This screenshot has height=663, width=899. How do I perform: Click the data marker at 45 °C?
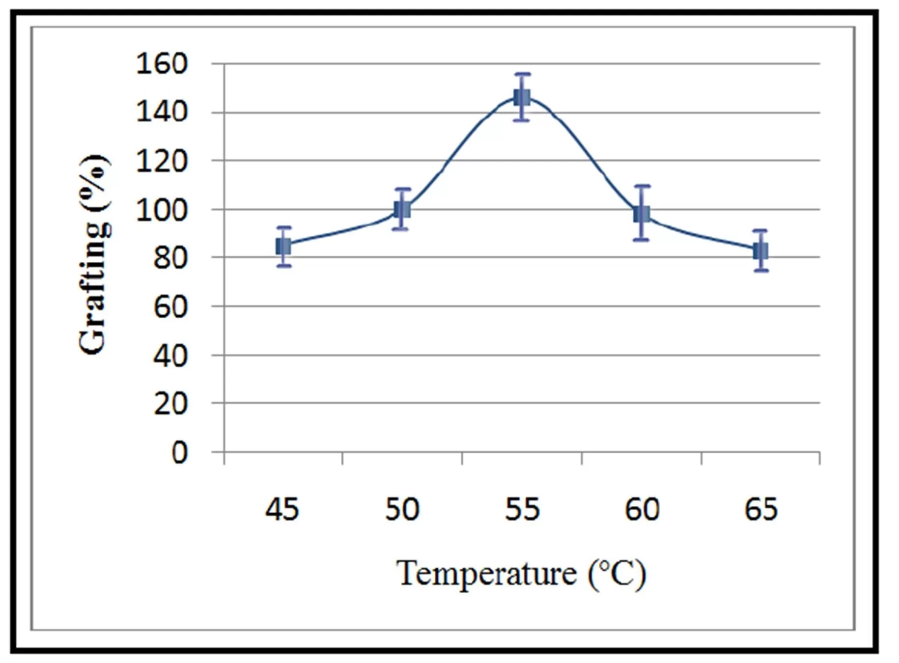pyautogui.click(x=283, y=247)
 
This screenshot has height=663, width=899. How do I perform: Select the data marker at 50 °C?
pyautogui.click(x=402, y=210)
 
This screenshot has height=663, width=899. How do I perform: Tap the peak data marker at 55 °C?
pyautogui.click(x=522, y=97)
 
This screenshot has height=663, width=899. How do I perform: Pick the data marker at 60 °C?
pyautogui.click(x=642, y=214)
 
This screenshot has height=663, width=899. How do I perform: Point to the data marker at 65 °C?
pyautogui.click(x=760, y=251)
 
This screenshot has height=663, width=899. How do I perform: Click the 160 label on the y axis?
pyautogui.click(x=162, y=64)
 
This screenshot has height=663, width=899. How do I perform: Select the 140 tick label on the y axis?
pyautogui.click(x=162, y=112)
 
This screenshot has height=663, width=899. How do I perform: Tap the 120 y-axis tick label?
pyautogui.click(x=162, y=161)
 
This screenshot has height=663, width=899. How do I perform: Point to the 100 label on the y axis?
pyautogui.click(x=162, y=210)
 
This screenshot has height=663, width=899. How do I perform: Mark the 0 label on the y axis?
pyautogui.click(x=179, y=452)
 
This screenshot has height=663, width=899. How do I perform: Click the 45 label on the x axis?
pyautogui.click(x=282, y=509)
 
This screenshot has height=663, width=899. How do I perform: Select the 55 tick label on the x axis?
pyautogui.click(x=522, y=509)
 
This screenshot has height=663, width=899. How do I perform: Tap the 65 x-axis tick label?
pyautogui.click(x=761, y=509)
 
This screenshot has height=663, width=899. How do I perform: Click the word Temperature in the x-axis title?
pyautogui.click(x=486, y=573)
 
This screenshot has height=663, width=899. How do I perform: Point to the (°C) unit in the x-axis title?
pyautogui.click(x=617, y=573)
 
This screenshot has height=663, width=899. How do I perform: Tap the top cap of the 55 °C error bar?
pyautogui.click(x=522, y=74)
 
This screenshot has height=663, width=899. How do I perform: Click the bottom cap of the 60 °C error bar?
pyautogui.click(x=642, y=240)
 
